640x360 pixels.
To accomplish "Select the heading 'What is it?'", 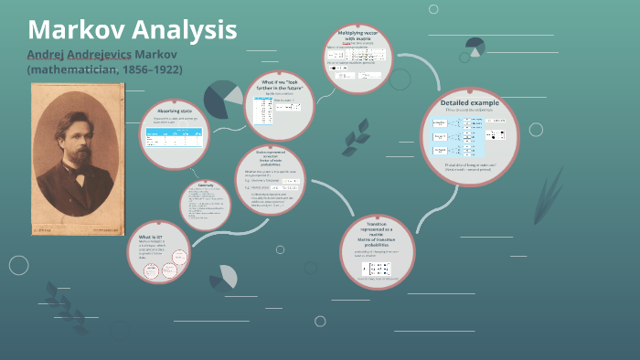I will [150, 236].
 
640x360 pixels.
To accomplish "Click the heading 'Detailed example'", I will [469, 102].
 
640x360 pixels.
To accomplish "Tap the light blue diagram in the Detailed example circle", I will [464, 137].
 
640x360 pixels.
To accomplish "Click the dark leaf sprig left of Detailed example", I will [355, 137].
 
